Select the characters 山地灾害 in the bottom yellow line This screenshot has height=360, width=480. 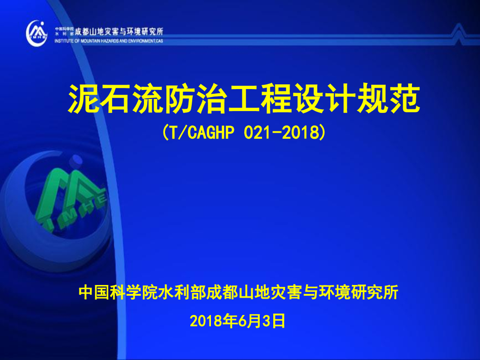(x=269, y=293)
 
